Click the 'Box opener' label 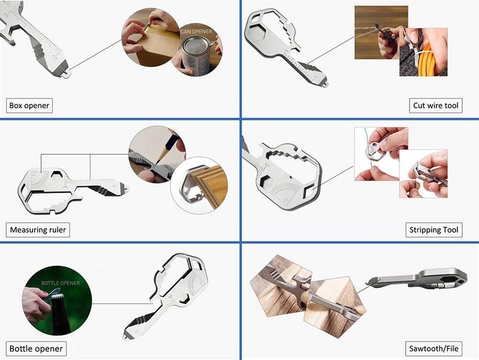tap(29, 105)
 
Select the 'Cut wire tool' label tap(436, 105)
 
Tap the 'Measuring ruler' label tap(38, 230)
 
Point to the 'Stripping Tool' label tap(433, 230)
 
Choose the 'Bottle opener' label tap(36, 349)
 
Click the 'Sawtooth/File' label tap(433, 349)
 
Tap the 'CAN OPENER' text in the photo tap(196, 32)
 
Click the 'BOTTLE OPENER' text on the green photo tap(60, 283)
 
